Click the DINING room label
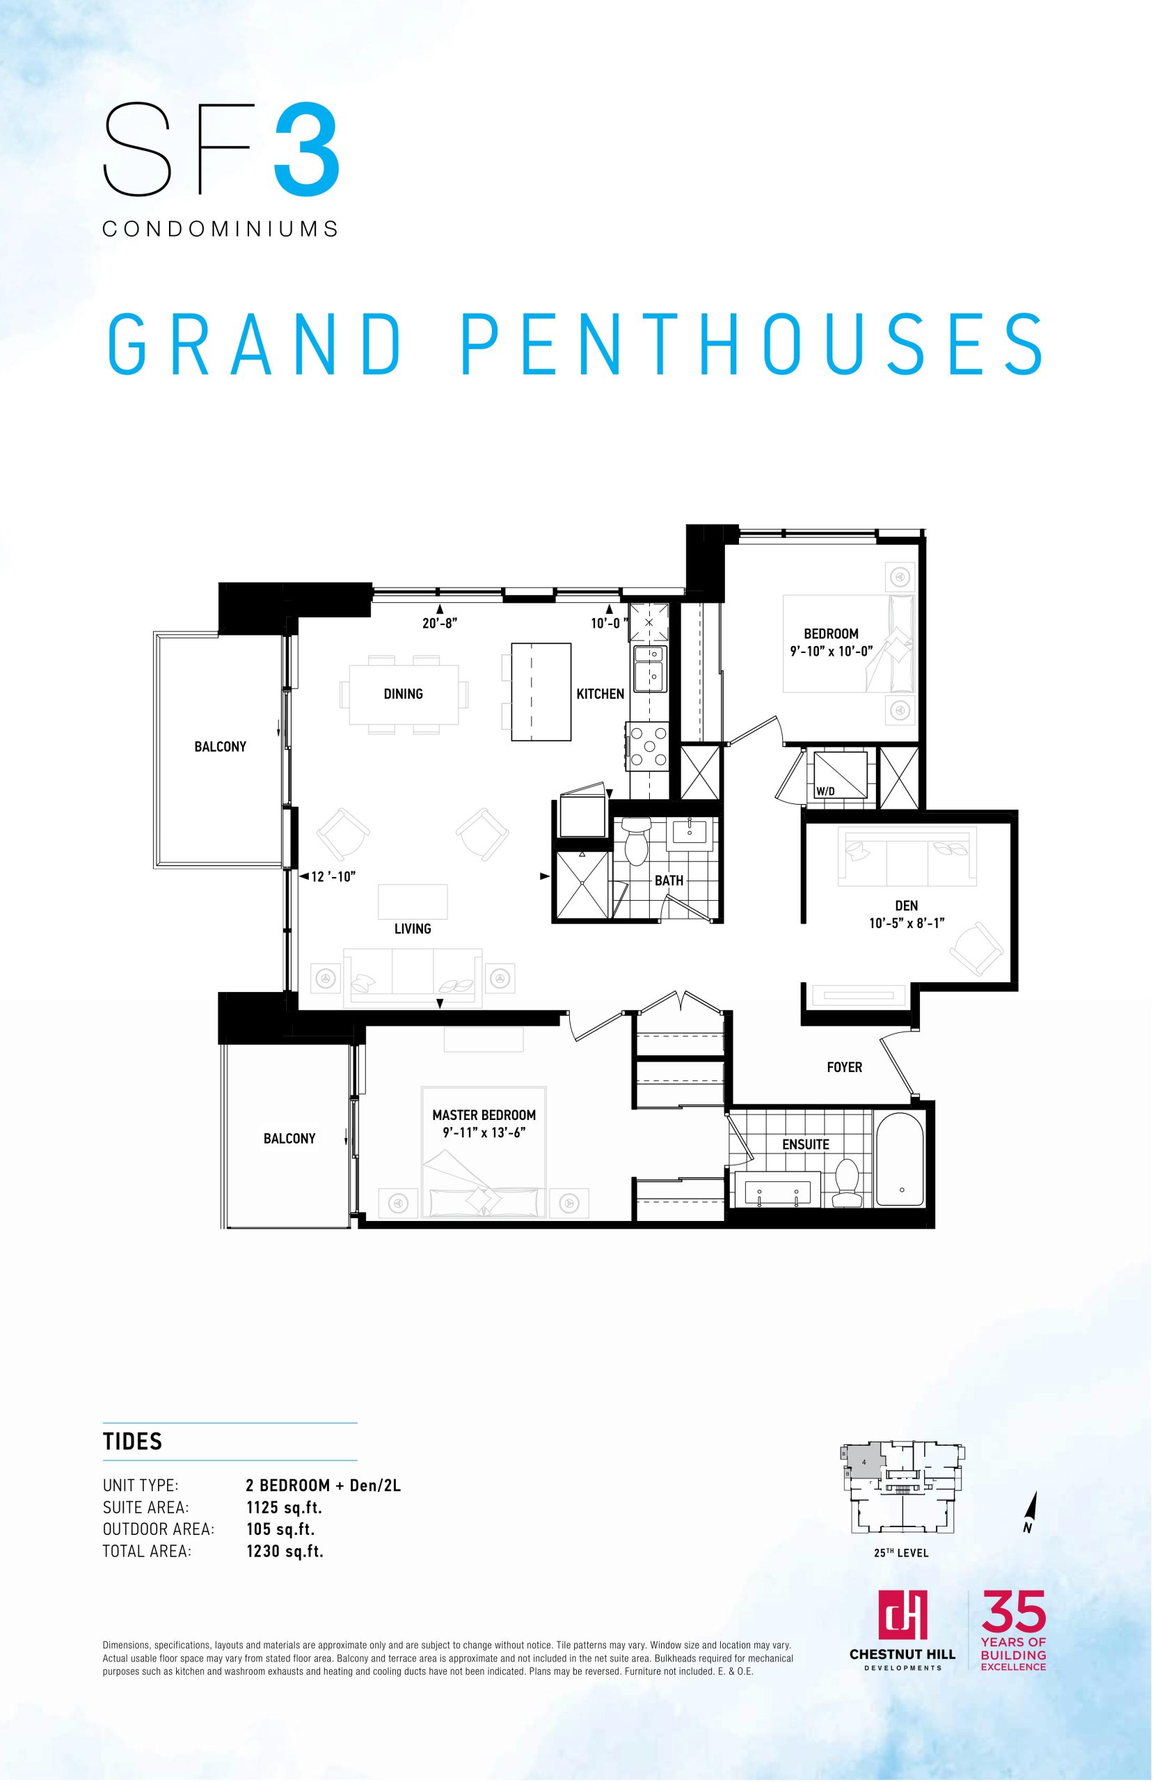pyautogui.click(x=403, y=694)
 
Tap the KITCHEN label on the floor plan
pyautogui.click(x=600, y=694)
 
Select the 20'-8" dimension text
pyautogui.click(x=440, y=623)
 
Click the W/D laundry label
pyautogui.click(x=825, y=791)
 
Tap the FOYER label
pyautogui.click(x=845, y=1067)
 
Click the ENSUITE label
pyautogui.click(x=806, y=1144)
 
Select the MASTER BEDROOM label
pyautogui.click(x=484, y=1115)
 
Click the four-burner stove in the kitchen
pyautogui.click(x=649, y=746)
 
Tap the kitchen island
pyautogui.click(x=541, y=692)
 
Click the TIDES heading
pyautogui.click(x=132, y=1442)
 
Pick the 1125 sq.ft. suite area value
pyautogui.click(x=285, y=1507)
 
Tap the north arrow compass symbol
pyautogui.click(x=1031, y=1513)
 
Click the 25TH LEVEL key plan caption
pyautogui.click(x=900, y=1553)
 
